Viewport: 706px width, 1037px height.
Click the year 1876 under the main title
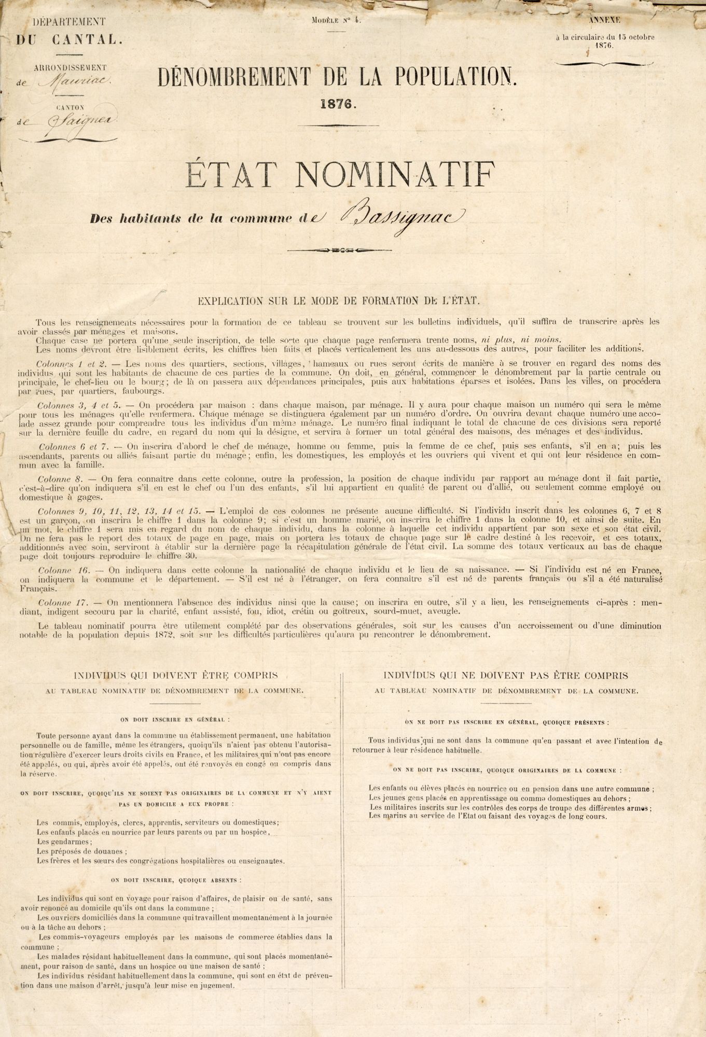(337, 104)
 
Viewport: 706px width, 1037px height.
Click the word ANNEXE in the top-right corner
(604, 20)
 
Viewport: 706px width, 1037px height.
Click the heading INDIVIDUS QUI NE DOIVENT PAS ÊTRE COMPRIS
(506, 676)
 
